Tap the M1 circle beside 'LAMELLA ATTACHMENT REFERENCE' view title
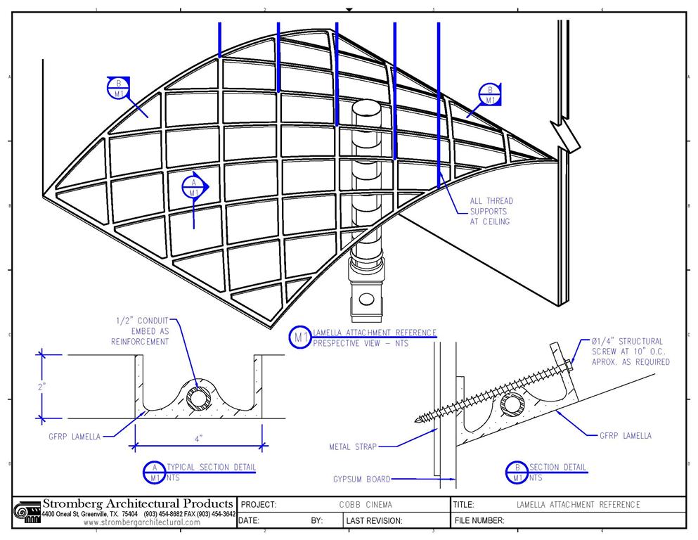(301, 337)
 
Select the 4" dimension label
(199, 438)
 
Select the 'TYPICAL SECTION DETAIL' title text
(211, 467)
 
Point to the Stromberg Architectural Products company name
(138, 503)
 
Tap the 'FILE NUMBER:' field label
(480, 521)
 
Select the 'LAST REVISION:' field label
(375, 521)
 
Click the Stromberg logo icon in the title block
(27, 512)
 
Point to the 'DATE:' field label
(250, 521)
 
